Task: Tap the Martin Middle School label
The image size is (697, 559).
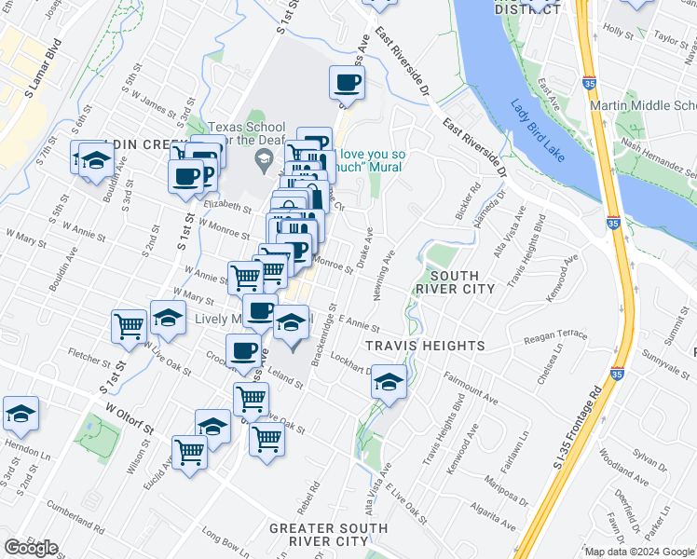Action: tap(643, 105)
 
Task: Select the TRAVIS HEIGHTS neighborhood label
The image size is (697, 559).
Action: tap(425, 346)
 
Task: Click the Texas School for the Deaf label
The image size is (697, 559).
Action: tap(245, 134)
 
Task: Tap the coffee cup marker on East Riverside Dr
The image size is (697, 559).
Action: tap(348, 83)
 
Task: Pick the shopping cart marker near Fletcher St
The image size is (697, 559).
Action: tap(129, 325)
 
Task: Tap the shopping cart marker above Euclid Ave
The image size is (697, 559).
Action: tap(190, 453)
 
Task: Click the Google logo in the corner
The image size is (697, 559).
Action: tap(31, 547)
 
